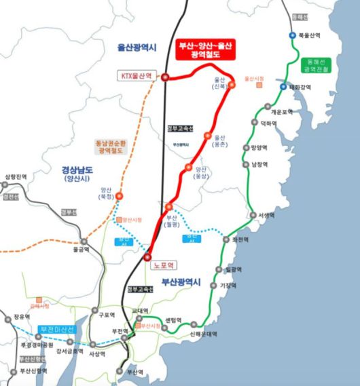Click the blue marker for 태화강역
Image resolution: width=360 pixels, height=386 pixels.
(x=283, y=87)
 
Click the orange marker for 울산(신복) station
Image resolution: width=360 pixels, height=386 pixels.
(x=231, y=85)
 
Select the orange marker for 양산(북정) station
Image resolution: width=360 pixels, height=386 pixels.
(x=120, y=196)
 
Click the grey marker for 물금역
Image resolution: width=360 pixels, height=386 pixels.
(x=84, y=242)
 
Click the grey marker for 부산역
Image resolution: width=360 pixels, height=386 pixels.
(x=122, y=371)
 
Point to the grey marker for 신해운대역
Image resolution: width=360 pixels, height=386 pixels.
(x=195, y=324)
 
